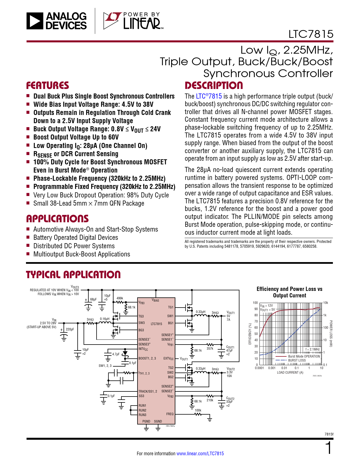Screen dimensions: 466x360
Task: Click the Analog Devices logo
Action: (56, 21)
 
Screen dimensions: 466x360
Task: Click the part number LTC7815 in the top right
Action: (311, 34)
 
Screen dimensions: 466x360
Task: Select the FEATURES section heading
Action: (47, 86)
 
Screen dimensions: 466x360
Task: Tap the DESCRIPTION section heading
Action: (214, 86)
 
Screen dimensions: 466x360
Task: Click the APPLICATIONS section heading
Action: (57, 219)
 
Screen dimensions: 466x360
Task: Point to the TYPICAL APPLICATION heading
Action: (73, 275)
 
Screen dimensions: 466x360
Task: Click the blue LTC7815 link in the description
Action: (209, 96)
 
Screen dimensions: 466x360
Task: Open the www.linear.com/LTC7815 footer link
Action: (200, 454)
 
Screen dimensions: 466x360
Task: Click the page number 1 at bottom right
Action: (328, 448)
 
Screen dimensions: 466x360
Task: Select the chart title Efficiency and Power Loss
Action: (289, 292)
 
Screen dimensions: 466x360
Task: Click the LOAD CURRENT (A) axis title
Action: (290, 373)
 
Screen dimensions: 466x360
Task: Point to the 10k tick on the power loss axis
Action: (326, 303)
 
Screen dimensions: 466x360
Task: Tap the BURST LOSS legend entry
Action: (297, 360)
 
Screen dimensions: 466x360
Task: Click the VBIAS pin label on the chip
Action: (155, 300)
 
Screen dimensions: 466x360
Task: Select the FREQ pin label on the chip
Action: (170, 414)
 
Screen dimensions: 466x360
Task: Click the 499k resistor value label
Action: (120, 298)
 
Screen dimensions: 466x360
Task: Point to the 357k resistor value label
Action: (210, 349)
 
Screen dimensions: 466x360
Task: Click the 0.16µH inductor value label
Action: (104, 319)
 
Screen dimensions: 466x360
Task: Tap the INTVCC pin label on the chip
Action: (143, 349)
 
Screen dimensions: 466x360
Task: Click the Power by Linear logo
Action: (133, 21)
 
